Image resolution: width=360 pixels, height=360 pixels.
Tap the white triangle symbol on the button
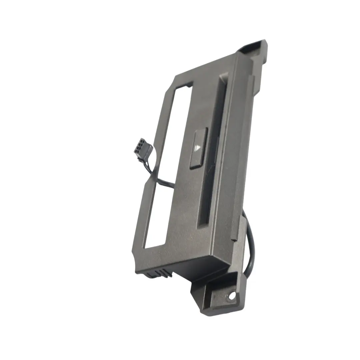click(199, 147)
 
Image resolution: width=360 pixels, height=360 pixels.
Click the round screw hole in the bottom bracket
click(231, 296)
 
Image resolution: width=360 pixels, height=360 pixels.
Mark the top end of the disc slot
click(221, 80)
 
